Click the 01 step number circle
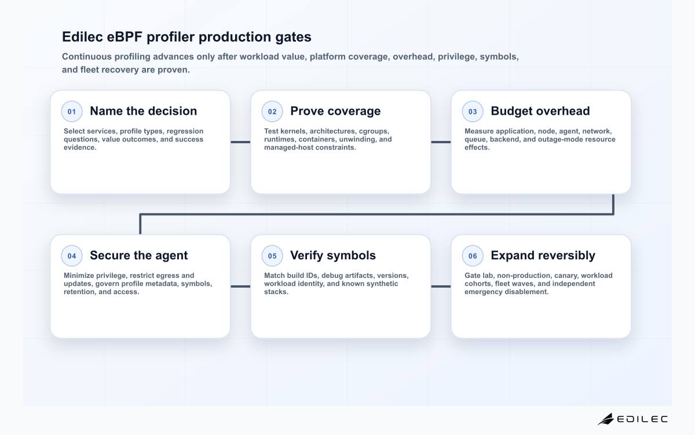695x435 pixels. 72,111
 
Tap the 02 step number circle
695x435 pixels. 272,111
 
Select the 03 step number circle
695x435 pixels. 473,111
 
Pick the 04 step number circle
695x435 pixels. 72,256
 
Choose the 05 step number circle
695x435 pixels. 272,256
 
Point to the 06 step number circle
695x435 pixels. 473,256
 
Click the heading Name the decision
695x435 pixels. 144,111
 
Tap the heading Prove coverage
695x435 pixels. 335,111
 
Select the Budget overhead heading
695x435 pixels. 540,111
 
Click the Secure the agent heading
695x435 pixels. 138,255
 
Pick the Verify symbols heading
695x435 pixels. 333,255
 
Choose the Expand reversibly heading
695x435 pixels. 543,255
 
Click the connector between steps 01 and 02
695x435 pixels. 240,142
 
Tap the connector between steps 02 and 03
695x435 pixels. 441,142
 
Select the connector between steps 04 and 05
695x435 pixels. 240,287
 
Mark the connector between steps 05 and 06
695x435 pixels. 441,287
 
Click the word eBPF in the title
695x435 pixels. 125,37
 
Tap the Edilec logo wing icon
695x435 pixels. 606,419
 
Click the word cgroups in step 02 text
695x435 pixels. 374,132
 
